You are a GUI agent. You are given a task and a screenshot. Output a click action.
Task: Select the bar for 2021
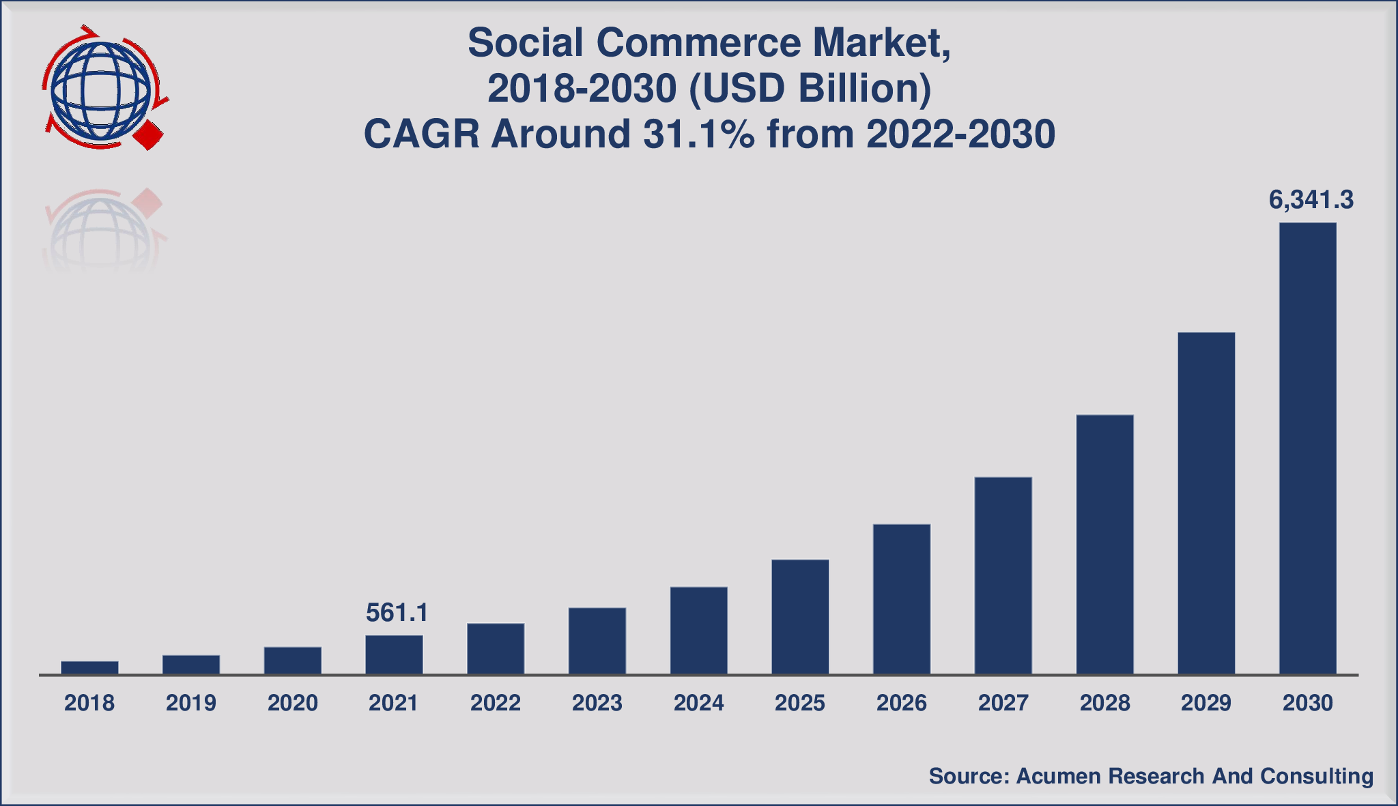(394, 655)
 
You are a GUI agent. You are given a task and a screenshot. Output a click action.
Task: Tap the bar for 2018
(89, 667)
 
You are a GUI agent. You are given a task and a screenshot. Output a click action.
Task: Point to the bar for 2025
(800, 617)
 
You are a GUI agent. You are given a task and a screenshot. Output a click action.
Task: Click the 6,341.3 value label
(1311, 200)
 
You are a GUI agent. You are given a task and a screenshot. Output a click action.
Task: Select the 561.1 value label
(397, 613)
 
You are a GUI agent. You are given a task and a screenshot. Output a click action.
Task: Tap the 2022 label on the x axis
(495, 703)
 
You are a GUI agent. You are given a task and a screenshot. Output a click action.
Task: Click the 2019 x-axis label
(190, 703)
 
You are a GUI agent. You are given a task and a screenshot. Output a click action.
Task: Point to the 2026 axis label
(901, 703)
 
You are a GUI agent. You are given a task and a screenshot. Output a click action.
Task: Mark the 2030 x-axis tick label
(1307, 703)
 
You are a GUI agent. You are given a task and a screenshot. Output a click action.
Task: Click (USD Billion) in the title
(810, 89)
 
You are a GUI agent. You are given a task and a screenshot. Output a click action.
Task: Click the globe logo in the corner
(101, 89)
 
